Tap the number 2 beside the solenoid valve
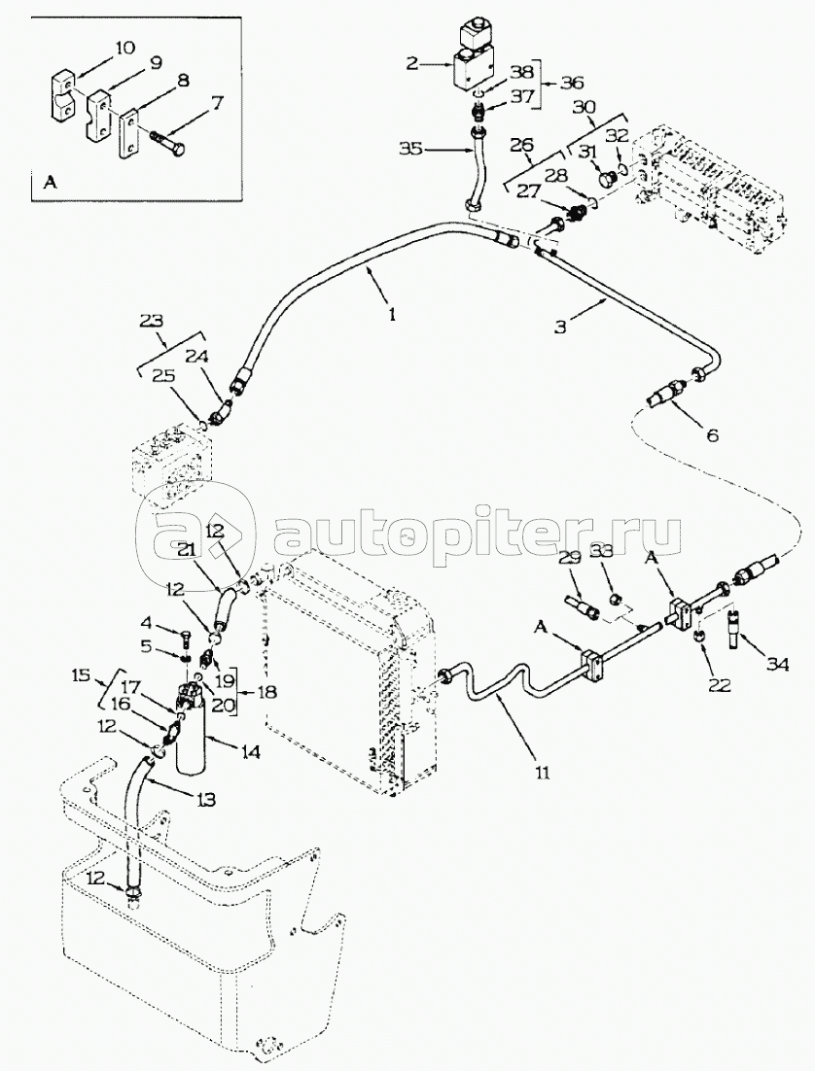pyautogui.click(x=412, y=64)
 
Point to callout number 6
pyautogui.click(x=712, y=434)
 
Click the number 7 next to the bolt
pyautogui.click(x=217, y=100)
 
